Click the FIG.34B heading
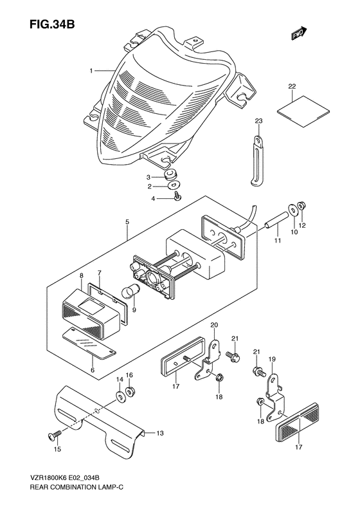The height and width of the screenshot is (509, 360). pyautogui.click(x=52, y=24)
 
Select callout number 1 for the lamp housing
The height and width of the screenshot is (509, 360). pyautogui.click(x=91, y=70)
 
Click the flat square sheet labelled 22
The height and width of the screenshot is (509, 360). pyautogui.click(x=303, y=111)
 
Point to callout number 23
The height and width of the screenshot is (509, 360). pyautogui.click(x=259, y=121)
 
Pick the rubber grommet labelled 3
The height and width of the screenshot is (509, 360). pyautogui.click(x=171, y=176)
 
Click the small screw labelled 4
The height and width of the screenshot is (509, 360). pyautogui.click(x=178, y=196)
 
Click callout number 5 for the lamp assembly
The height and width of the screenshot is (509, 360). pyautogui.click(x=127, y=223)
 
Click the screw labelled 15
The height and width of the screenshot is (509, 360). pyautogui.click(x=55, y=434)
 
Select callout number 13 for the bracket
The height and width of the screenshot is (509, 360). pyautogui.click(x=160, y=433)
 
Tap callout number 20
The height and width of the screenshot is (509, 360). pyautogui.click(x=214, y=325)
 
